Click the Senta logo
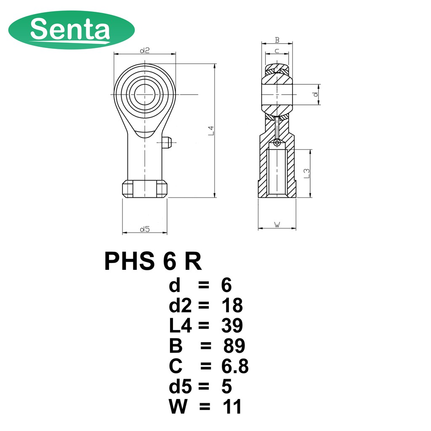[72, 30]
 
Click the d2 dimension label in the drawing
[145, 51]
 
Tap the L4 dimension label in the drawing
[211, 130]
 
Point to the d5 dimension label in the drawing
[145, 229]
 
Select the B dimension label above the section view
[277, 40]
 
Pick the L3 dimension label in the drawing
[307, 173]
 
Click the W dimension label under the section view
[277, 225]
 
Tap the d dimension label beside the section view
[316, 94]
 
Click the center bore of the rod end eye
[145, 95]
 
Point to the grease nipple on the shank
[167, 143]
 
